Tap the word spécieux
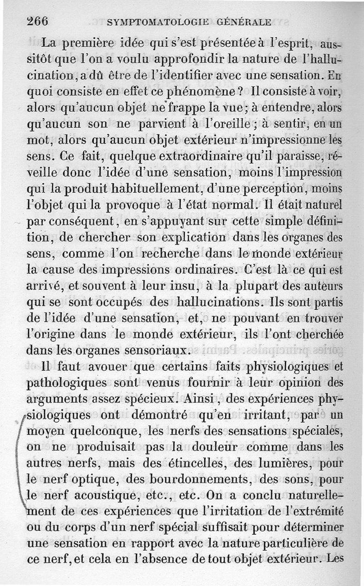coord(144,399)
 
